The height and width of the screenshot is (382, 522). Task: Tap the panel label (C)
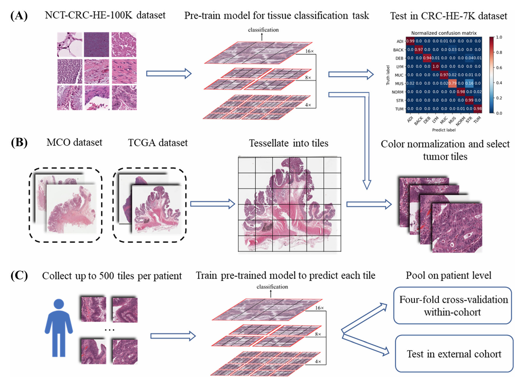click(x=19, y=277)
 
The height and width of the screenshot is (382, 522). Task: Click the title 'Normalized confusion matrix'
click(x=441, y=32)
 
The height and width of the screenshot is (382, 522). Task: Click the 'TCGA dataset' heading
click(x=158, y=142)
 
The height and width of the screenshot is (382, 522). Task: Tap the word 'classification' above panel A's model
click(x=263, y=30)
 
